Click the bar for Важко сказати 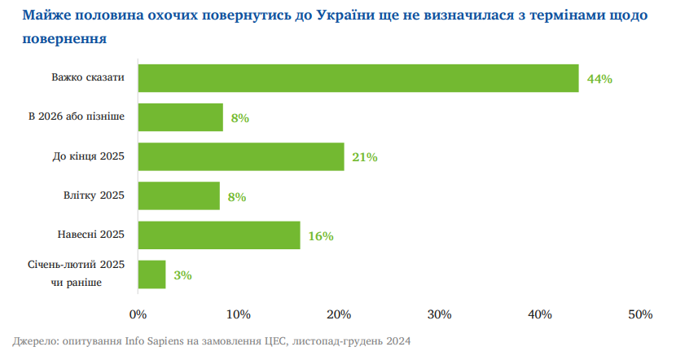[x=358, y=78]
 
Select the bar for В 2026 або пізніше [x=180, y=117]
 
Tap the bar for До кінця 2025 [x=241, y=156]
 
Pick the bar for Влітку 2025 [x=179, y=195]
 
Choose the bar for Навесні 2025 [x=219, y=235]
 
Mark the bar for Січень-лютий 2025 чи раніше [x=152, y=274]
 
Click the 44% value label [x=599, y=79]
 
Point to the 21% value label [x=365, y=157]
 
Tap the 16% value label [x=321, y=236]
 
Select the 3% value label [x=182, y=275]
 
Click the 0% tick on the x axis [x=138, y=314]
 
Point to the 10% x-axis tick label [x=239, y=314]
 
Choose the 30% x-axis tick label [x=440, y=314]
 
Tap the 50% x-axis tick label [x=640, y=314]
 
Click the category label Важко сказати [x=87, y=77]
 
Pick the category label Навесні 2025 [x=90, y=235]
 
